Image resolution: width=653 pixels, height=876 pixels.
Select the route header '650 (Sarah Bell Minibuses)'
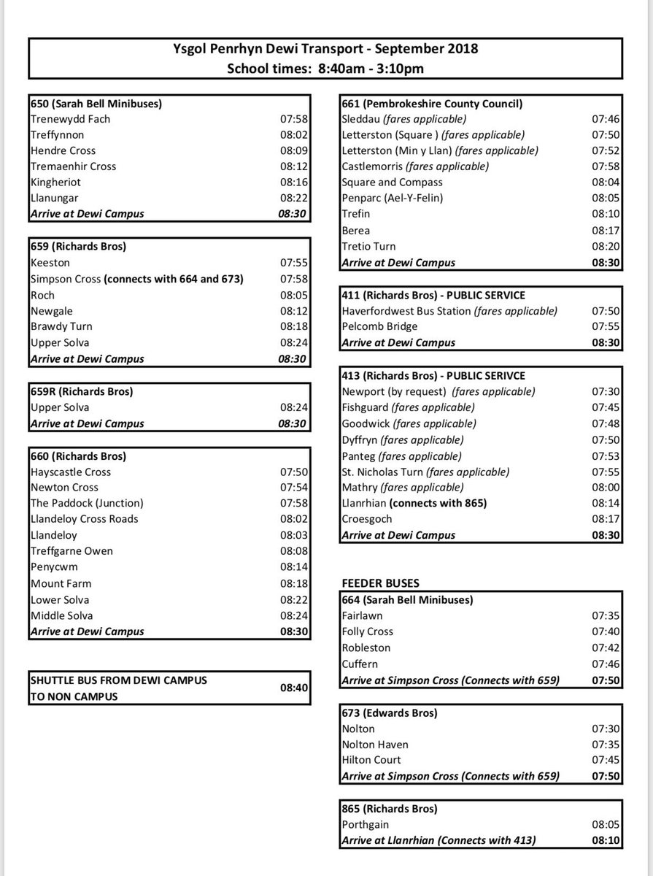point(96,104)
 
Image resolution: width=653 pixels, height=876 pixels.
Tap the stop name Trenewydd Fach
point(71,119)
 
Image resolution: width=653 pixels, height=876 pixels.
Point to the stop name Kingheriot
point(56,182)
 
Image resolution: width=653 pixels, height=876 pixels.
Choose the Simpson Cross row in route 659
point(137,279)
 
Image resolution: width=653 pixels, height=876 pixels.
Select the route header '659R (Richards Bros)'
point(82,392)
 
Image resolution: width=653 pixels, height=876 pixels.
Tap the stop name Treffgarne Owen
point(72,551)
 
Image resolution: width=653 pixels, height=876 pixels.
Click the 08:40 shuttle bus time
point(294,688)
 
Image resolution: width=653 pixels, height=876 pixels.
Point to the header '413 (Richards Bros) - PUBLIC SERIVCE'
point(433,376)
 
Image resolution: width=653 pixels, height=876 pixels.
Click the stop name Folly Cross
point(368,631)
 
